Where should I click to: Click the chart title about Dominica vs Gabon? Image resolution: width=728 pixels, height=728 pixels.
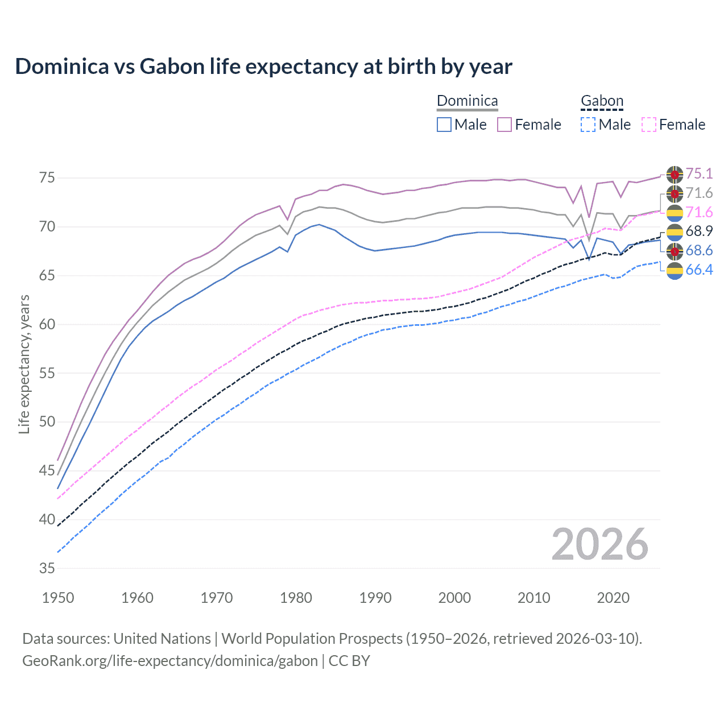pyautogui.click(x=263, y=67)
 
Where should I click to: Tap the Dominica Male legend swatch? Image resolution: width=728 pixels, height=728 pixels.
pyautogui.click(x=444, y=125)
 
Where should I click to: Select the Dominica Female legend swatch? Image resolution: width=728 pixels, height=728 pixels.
pyautogui.click(x=504, y=125)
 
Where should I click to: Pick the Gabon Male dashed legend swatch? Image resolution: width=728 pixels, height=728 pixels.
pyautogui.click(x=588, y=125)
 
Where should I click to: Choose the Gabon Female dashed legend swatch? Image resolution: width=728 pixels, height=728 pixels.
pyautogui.click(x=649, y=125)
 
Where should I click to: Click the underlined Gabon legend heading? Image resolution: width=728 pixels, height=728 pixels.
pyautogui.click(x=602, y=101)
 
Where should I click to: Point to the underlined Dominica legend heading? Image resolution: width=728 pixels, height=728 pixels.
pyautogui.click(x=467, y=101)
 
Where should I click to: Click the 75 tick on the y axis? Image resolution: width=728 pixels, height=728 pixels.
pyautogui.click(x=47, y=178)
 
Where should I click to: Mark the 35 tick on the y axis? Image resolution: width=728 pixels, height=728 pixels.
pyautogui.click(x=47, y=568)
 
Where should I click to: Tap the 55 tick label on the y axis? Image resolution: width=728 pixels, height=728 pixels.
pyautogui.click(x=47, y=373)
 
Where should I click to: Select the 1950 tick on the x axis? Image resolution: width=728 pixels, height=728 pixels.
pyautogui.click(x=58, y=598)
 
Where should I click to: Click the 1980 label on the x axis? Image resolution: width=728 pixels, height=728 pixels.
pyautogui.click(x=296, y=598)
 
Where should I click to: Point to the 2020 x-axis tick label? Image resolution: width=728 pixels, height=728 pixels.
pyautogui.click(x=613, y=598)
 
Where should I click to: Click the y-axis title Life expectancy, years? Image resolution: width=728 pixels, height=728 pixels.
pyautogui.click(x=24, y=364)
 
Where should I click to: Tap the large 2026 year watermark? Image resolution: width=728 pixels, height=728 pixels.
pyautogui.click(x=599, y=544)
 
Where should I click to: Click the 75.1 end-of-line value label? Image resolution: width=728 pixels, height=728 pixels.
pyautogui.click(x=699, y=173)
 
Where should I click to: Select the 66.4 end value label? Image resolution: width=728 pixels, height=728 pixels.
pyautogui.click(x=699, y=270)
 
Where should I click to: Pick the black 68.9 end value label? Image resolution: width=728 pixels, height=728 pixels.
pyautogui.click(x=699, y=231)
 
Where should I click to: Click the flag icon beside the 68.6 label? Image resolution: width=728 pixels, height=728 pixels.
pyautogui.click(x=675, y=251)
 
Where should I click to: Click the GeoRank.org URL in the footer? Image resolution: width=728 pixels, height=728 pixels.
pyautogui.click(x=170, y=661)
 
